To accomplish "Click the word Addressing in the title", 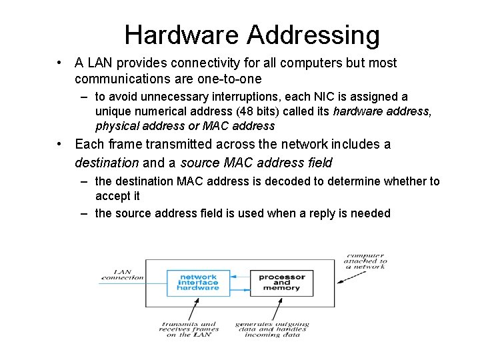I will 311,35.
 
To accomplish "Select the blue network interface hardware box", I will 199,282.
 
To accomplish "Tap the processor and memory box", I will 281,283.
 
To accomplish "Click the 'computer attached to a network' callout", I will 365,261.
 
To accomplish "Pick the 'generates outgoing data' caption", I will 271,329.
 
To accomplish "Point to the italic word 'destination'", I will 107,162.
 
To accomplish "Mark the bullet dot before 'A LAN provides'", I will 60,63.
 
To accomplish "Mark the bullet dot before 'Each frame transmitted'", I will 60,144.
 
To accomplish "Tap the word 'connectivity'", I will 204,63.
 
